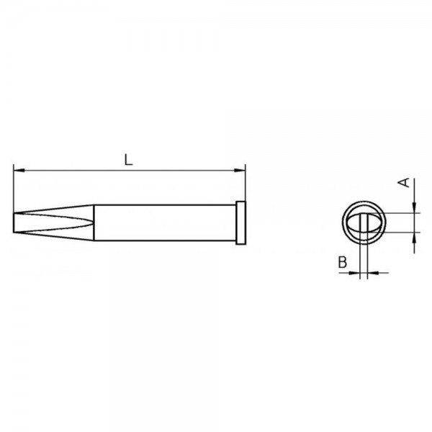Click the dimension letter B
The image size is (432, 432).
pos(343,263)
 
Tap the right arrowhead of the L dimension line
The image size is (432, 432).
pos(241,171)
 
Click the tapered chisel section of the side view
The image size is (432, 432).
pos(54,221)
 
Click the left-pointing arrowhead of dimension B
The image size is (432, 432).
pos(372,272)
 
